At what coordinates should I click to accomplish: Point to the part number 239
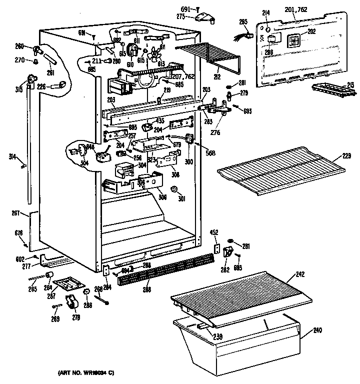pos(217,336)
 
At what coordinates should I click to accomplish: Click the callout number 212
pos(216,77)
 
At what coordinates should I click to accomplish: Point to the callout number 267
pos(15,213)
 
